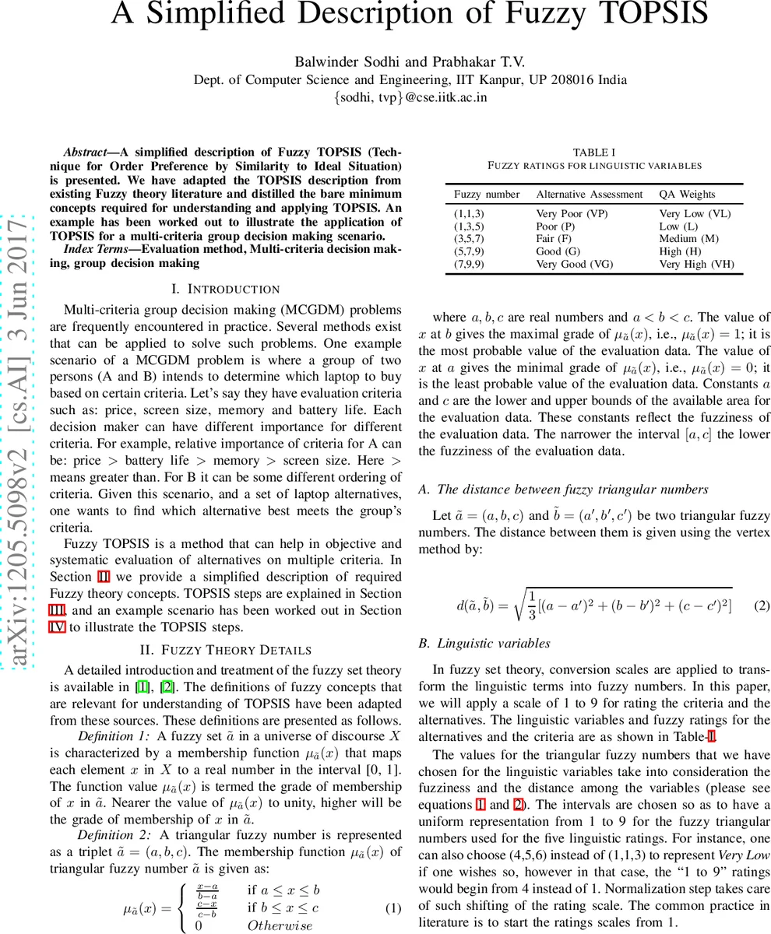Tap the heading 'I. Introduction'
pyautogui.click(x=225, y=289)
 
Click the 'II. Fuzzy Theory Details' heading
pyautogui.click(x=226, y=650)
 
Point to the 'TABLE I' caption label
pyautogui.click(x=594, y=153)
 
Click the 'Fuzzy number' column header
pyautogui.click(x=487, y=194)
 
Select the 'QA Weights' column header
pyautogui.click(x=687, y=194)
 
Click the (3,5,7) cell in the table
pyautogui.click(x=469, y=239)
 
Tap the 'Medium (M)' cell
pyautogui.click(x=688, y=239)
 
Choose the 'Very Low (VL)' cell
pyautogui.click(x=695, y=213)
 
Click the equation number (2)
pyautogui.click(x=762, y=606)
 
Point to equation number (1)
pyautogui.click(x=394, y=908)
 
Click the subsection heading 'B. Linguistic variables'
pyautogui.click(x=484, y=644)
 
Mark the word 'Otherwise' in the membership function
pyautogui.click(x=280, y=925)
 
